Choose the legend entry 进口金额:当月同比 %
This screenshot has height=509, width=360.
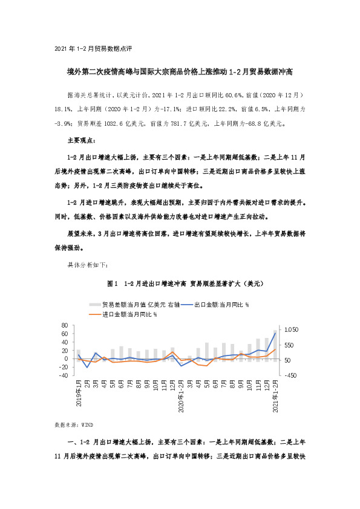[123, 314]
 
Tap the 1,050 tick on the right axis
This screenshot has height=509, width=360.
[292, 330]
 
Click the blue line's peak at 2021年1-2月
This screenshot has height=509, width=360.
[275, 332]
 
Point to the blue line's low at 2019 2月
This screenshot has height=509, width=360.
[88, 368]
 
